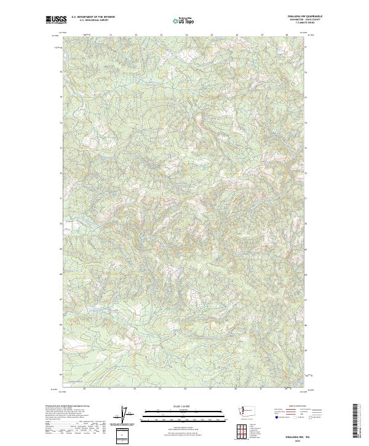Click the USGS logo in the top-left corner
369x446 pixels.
(56, 20)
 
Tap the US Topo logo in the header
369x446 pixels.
(184, 20)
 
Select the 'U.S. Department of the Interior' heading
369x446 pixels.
(93, 17)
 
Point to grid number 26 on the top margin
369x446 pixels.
(237, 35)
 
